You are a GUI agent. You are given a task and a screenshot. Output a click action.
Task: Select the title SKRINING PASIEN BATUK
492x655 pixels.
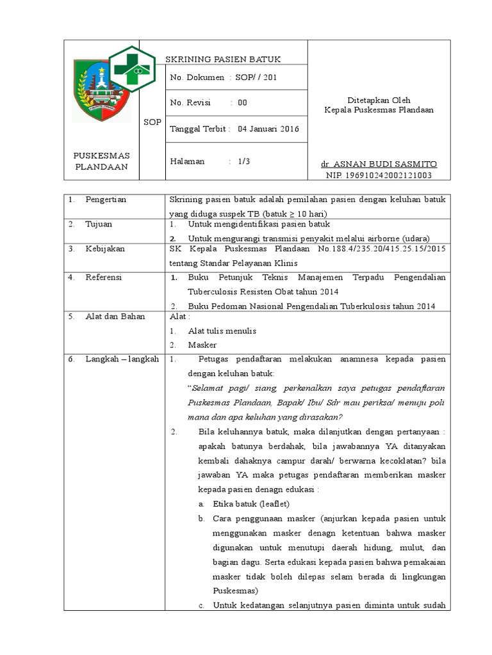(x=223, y=59)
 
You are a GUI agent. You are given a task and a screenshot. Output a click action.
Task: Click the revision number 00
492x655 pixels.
(x=242, y=102)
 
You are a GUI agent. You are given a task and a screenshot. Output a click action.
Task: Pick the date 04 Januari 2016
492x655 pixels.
(x=268, y=129)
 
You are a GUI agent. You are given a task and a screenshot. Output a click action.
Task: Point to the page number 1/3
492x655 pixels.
(x=243, y=161)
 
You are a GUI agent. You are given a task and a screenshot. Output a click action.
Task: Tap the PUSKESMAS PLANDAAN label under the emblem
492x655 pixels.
(x=102, y=161)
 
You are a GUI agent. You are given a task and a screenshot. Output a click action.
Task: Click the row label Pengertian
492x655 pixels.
(x=106, y=200)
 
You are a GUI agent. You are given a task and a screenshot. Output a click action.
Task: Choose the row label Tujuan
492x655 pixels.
(x=100, y=225)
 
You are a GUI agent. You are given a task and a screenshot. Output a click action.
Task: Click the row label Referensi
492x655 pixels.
(x=104, y=278)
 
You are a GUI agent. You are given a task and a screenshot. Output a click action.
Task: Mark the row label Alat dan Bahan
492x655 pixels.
(x=115, y=317)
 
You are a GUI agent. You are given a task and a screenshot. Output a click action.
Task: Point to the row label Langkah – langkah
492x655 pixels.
(x=122, y=359)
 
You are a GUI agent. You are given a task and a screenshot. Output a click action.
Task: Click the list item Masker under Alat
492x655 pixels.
(x=202, y=345)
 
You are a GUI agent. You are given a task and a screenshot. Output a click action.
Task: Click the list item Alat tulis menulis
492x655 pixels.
(x=222, y=331)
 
